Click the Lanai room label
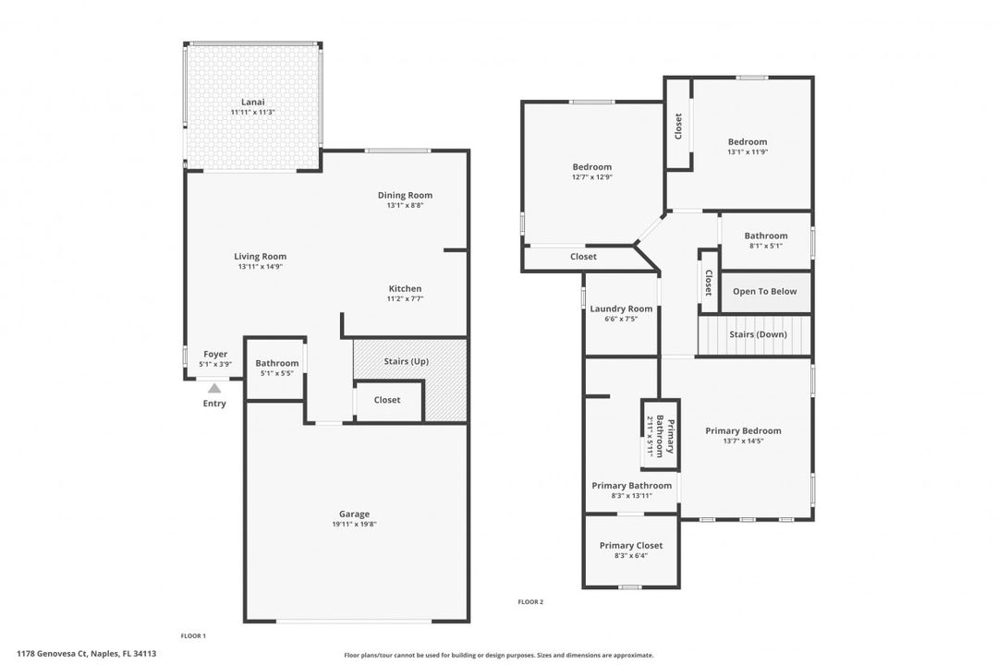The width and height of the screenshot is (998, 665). pyautogui.click(x=252, y=101)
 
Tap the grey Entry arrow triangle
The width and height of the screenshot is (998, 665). pyautogui.click(x=214, y=389)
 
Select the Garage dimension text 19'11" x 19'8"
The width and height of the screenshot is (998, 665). pyautogui.click(x=354, y=525)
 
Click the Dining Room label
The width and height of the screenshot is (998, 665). pyautogui.click(x=405, y=195)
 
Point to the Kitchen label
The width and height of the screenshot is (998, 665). pyautogui.click(x=405, y=288)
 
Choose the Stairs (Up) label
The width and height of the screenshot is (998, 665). pyautogui.click(x=406, y=361)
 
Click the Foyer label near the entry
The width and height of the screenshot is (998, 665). pyautogui.click(x=215, y=354)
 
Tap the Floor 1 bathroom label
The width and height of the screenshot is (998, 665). pyautogui.click(x=277, y=363)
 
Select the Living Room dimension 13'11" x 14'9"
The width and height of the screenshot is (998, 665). pyautogui.click(x=260, y=267)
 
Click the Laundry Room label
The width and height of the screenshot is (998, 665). pyautogui.click(x=621, y=308)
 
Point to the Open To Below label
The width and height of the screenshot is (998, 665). pyautogui.click(x=764, y=292)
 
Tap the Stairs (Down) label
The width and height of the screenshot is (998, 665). pyautogui.click(x=758, y=334)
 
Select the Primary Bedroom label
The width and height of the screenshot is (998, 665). pyautogui.click(x=743, y=430)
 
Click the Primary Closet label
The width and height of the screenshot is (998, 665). pyautogui.click(x=630, y=545)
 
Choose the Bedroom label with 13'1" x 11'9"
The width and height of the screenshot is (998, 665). pyautogui.click(x=748, y=141)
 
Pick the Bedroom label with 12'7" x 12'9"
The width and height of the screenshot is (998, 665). pyautogui.click(x=592, y=167)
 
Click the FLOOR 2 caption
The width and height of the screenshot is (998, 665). pyautogui.click(x=530, y=602)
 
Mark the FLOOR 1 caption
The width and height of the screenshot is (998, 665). pyautogui.click(x=193, y=635)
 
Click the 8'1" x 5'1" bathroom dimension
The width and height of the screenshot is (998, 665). pyautogui.click(x=766, y=246)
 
